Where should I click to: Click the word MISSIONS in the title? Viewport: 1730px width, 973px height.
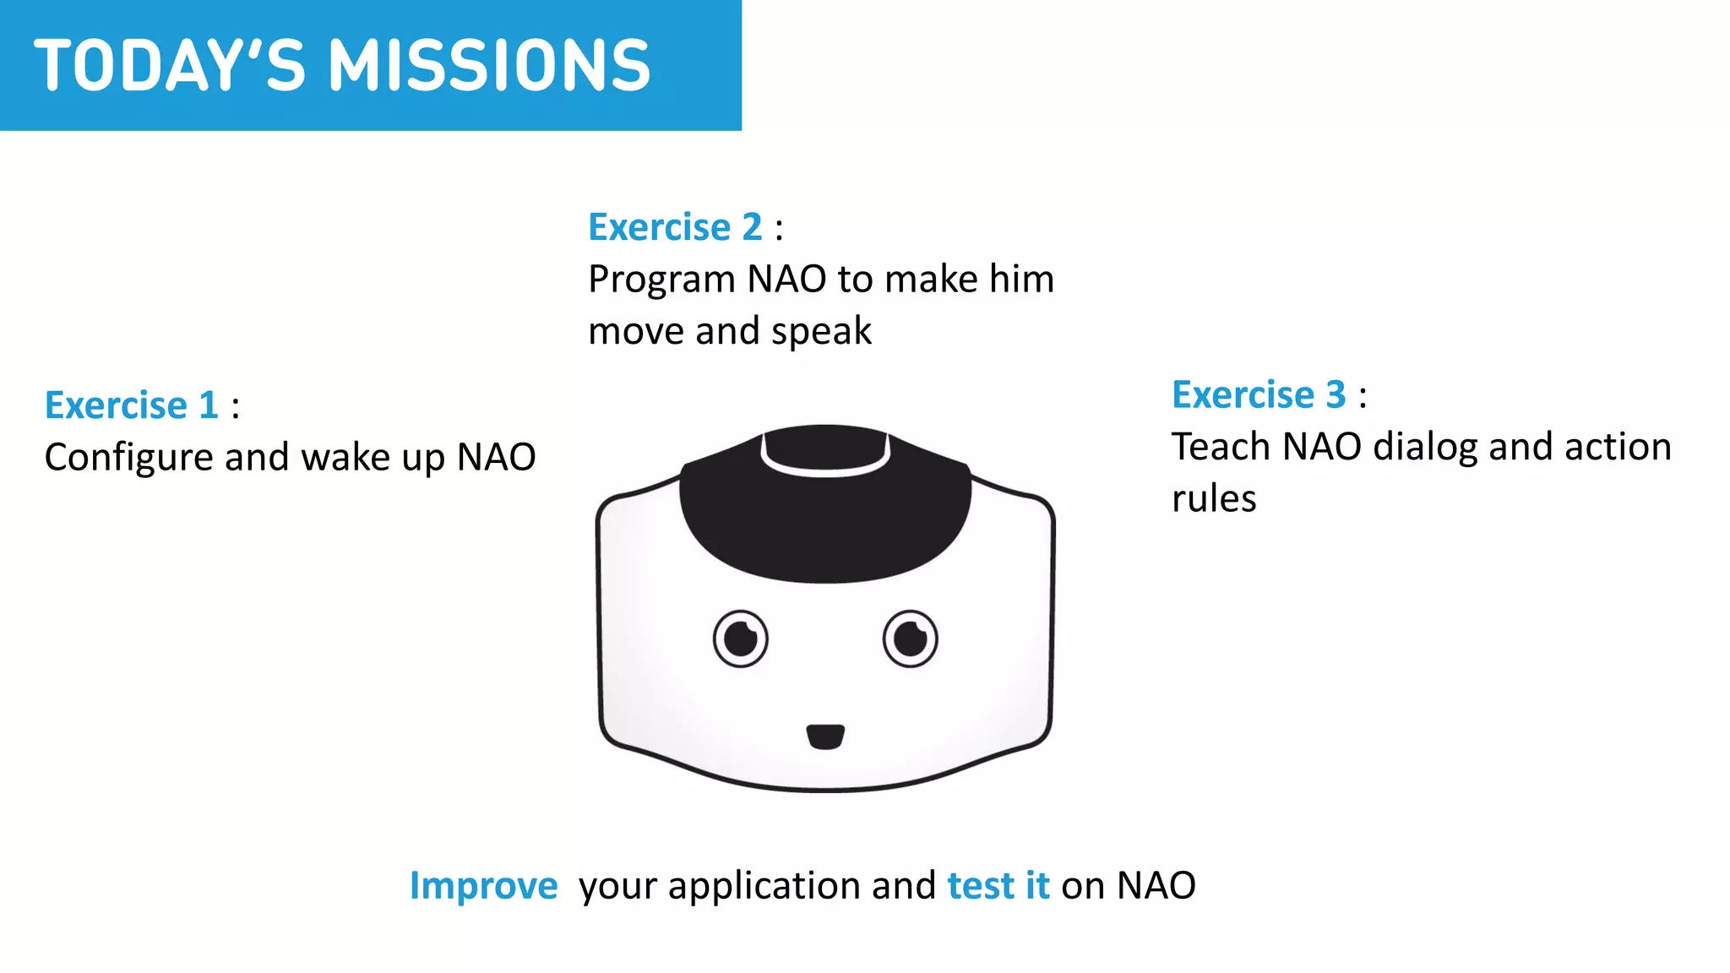(x=489, y=66)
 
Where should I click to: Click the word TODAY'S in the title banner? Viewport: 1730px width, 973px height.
(x=169, y=66)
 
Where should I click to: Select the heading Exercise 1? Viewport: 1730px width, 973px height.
(x=132, y=405)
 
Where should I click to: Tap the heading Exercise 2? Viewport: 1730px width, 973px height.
(x=675, y=227)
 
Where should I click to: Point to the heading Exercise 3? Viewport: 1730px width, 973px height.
(x=1259, y=394)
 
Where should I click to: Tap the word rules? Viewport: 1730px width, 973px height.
(x=1214, y=499)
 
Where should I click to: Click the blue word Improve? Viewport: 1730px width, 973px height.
(x=483, y=885)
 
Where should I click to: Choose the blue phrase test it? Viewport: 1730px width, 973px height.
(x=998, y=885)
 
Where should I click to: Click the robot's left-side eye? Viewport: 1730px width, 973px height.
(x=741, y=639)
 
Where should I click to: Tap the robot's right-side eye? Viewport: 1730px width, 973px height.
(x=911, y=639)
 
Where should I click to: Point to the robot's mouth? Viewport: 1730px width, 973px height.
(x=825, y=737)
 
